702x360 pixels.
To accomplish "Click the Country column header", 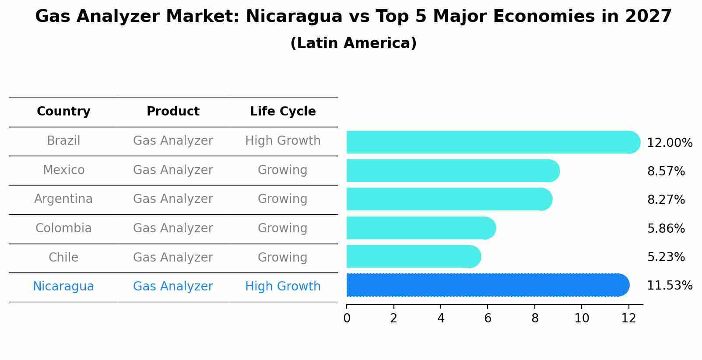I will click(63, 112).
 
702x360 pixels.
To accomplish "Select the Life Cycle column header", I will click(283, 112).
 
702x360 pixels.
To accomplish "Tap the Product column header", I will click(173, 112).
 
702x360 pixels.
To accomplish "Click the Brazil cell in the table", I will click(63, 141).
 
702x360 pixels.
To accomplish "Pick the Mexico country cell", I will click(63, 170).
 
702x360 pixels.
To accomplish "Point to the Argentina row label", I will click(63, 199).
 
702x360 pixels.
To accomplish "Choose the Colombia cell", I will click(63, 228).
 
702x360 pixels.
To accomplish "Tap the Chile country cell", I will click(63, 257).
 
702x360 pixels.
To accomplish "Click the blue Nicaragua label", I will click(63, 287).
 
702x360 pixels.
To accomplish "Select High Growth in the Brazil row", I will click(283, 141).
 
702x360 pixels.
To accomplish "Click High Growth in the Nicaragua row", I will click(283, 287).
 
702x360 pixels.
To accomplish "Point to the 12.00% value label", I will click(670, 143).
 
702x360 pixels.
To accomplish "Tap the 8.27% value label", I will click(666, 200).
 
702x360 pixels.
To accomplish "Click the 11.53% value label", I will click(670, 286).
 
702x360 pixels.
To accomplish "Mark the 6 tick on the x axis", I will click(488, 318).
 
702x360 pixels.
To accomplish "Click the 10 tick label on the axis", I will click(582, 318).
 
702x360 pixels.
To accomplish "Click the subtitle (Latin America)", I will click(353, 43).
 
